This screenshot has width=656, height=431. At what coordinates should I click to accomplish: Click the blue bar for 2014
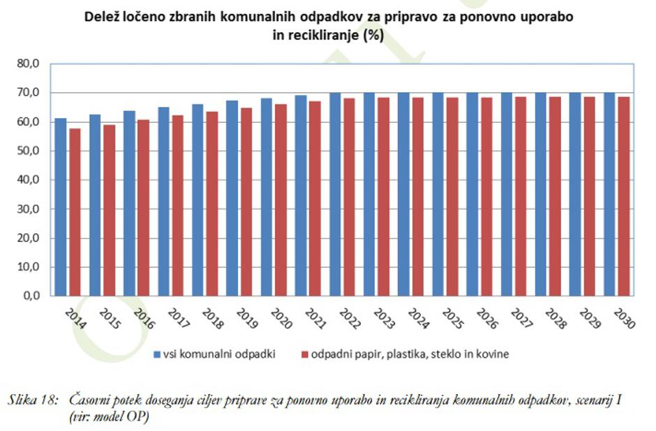(x=61, y=207)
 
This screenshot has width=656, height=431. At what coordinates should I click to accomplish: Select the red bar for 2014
(x=75, y=212)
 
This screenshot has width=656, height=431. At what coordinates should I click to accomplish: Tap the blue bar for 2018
(x=198, y=200)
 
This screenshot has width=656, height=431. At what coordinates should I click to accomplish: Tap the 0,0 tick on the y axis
(x=31, y=296)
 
